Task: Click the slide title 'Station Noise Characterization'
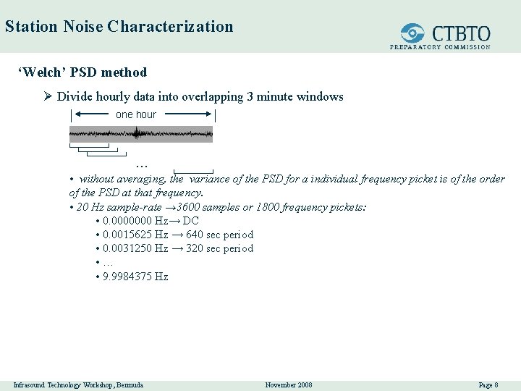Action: [119, 27]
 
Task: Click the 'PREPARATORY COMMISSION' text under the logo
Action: [440, 47]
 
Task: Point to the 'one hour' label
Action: [136, 114]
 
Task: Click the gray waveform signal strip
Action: [141, 134]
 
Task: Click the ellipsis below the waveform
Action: [142, 165]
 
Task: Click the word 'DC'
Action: [191, 221]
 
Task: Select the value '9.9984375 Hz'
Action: [135, 277]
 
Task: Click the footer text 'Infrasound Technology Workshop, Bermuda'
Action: [78, 384]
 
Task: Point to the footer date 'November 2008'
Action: [289, 384]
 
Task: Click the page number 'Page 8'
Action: [488, 384]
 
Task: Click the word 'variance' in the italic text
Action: [209, 179]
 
